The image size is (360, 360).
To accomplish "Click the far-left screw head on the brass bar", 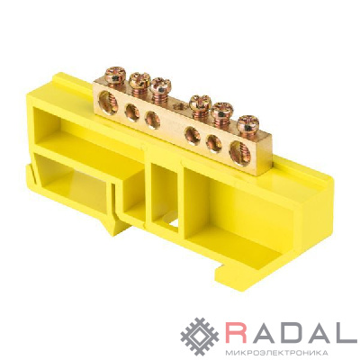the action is pyautogui.click(x=116, y=75).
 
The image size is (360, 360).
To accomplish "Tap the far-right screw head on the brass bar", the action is pyautogui.click(x=247, y=124).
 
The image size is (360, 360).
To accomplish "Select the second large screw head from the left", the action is pyautogui.click(x=139, y=81).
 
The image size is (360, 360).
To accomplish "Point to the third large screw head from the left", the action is pyautogui.click(x=160, y=86).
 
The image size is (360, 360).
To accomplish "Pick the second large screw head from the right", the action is pyautogui.click(x=222, y=111).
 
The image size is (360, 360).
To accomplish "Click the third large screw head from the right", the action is pyautogui.click(x=201, y=103).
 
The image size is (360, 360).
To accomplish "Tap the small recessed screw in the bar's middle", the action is pyautogui.click(x=181, y=105).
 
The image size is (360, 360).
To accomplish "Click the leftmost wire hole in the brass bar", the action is pyautogui.click(x=108, y=103).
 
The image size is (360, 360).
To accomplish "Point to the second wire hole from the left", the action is pyautogui.click(x=132, y=112).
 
